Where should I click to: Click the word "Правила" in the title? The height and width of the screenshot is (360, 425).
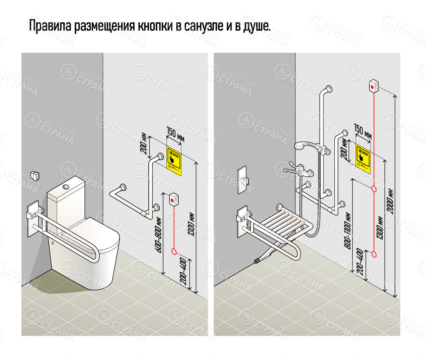click(50, 26)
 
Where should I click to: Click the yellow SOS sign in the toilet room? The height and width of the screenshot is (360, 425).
click(174, 160)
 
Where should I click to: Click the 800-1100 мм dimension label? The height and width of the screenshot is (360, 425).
click(348, 231)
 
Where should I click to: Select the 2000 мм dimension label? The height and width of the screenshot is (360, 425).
click(391, 201)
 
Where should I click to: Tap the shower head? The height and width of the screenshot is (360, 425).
click(301, 146)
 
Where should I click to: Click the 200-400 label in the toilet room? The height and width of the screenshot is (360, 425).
click(183, 271)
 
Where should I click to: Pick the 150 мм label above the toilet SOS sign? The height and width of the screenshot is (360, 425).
click(175, 134)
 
